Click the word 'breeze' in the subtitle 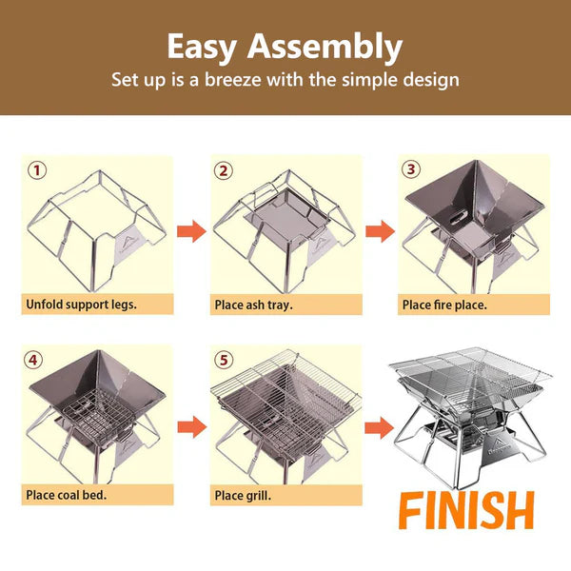click(x=254, y=79)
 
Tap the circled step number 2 click(x=224, y=171)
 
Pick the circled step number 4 click(x=36, y=360)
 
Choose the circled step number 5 click(x=224, y=360)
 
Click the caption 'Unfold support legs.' click(x=80, y=305)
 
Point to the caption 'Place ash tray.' click(x=253, y=305)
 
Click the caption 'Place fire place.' click(x=444, y=305)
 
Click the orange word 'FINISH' click(x=465, y=511)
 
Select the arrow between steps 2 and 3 click(x=380, y=231)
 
